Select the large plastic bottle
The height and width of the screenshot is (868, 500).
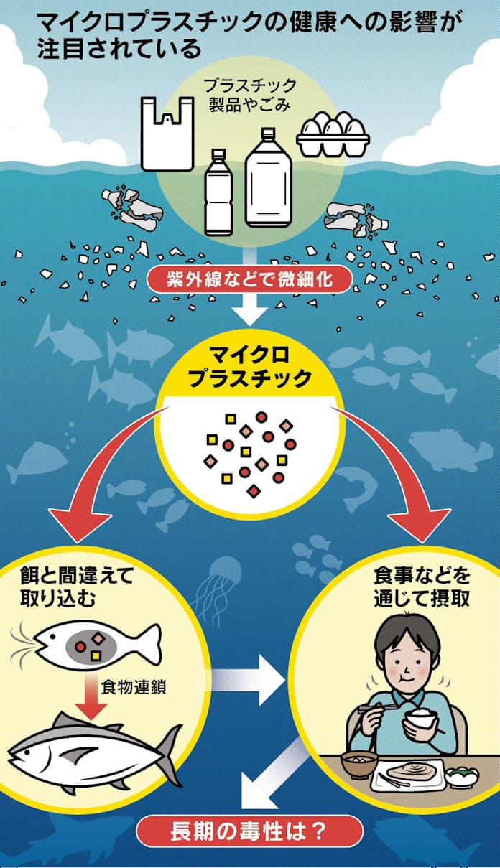point(269,182)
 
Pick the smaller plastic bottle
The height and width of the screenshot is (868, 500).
point(216,193)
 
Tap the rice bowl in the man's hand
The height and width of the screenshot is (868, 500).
point(421,718)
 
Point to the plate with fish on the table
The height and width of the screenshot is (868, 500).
point(414,775)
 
